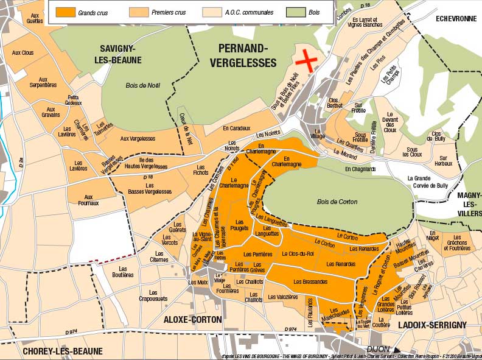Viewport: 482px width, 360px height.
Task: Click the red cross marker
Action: point(307,61)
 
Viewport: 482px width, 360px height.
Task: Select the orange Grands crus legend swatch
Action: point(65,12)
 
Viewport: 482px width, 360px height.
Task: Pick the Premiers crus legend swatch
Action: point(139,12)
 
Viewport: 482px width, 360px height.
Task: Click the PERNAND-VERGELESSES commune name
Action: point(243,55)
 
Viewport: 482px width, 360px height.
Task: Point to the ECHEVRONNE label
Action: point(455,18)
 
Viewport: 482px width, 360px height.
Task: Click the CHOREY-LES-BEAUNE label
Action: point(63,351)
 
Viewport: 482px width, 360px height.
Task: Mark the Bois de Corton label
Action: point(337,202)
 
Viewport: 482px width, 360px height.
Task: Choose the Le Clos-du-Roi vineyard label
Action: point(298,253)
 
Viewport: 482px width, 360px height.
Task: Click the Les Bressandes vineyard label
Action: point(310,281)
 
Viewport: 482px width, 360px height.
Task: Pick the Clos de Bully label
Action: point(436,136)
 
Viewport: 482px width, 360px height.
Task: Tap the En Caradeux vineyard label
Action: point(236,129)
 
